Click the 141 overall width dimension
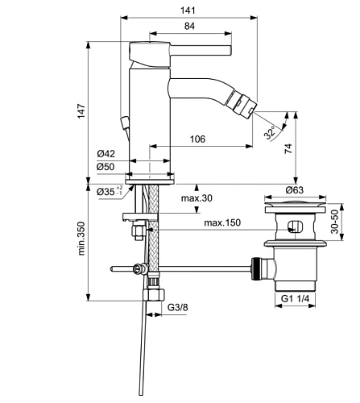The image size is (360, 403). point(188,10)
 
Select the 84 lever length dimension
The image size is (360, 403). point(189,26)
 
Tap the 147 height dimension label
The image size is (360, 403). point(81,110)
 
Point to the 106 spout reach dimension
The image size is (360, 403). point(197,139)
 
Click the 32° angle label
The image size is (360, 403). point(270,133)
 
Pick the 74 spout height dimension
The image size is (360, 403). point(288,148)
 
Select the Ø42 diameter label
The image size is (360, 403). point(106,154)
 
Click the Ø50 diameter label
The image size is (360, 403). point(106,167)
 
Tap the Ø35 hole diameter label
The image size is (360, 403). point(110,192)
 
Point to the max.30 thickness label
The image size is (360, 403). point(197,198)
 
